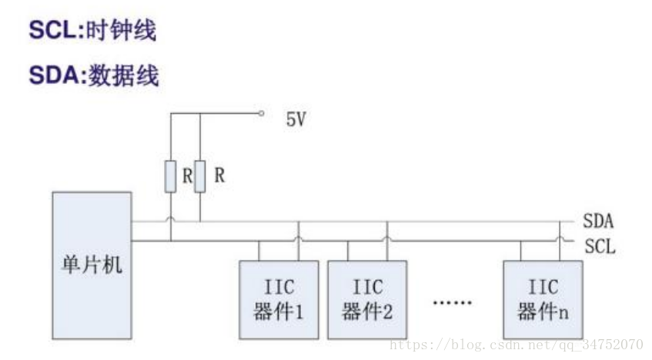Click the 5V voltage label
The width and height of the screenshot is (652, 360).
pyautogui.click(x=296, y=121)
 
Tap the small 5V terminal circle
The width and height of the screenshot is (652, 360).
pyautogui.click(x=262, y=113)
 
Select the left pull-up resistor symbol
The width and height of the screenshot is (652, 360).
pyautogui.click(x=170, y=176)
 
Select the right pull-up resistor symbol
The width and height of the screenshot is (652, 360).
pyautogui.click(x=199, y=176)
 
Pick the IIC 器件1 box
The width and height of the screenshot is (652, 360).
pyautogui.click(x=278, y=300)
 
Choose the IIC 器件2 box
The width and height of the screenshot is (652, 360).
pyautogui.click(x=367, y=300)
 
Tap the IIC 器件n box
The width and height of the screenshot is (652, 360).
pyautogui.click(x=543, y=300)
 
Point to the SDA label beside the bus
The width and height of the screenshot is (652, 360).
pyautogui.click(x=597, y=222)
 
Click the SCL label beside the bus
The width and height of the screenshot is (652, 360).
pyautogui.click(x=599, y=248)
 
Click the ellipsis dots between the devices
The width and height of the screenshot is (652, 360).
pyautogui.click(x=452, y=302)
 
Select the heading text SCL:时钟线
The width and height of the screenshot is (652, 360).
pyautogui.click(x=92, y=30)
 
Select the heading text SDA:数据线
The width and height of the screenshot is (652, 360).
pyautogui.click(x=93, y=75)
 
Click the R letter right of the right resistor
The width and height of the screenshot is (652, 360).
pyautogui.click(x=219, y=175)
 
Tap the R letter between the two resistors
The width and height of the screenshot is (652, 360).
pyautogui.click(x=186, y=175)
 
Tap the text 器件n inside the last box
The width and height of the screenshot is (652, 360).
pyautogui.click(x=543, y=313)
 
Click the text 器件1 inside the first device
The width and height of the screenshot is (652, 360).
pyautogui.click(x=278, y=313)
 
